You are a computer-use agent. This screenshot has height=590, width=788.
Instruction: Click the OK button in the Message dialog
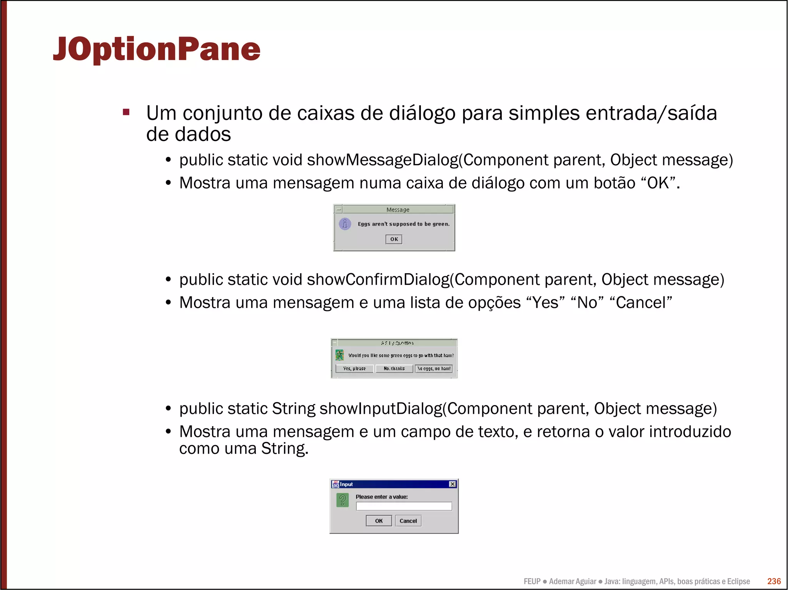click(394, 239)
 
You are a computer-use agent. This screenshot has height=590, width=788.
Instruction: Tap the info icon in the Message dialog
click(345, 224)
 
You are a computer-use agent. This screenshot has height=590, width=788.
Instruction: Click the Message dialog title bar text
click(398, 210)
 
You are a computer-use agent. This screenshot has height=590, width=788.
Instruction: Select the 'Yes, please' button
click(354, 369)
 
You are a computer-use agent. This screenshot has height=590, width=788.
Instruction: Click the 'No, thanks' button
click(394, 369)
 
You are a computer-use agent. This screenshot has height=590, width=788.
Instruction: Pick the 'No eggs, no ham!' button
click(434, 369)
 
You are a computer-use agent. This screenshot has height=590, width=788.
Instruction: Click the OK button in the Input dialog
click(379, 521)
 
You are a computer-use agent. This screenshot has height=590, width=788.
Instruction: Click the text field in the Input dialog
click(404, 506)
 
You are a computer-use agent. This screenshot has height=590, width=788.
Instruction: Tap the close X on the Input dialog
click(452, 484)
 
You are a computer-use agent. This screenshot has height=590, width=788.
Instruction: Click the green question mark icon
click(342, 500)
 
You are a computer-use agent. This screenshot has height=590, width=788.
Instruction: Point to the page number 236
click(774, 581)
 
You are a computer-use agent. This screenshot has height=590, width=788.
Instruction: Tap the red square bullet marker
click(126, 112)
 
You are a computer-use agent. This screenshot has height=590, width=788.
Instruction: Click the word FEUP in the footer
click(532, 582)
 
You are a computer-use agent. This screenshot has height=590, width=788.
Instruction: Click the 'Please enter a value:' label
click(381, 497)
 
